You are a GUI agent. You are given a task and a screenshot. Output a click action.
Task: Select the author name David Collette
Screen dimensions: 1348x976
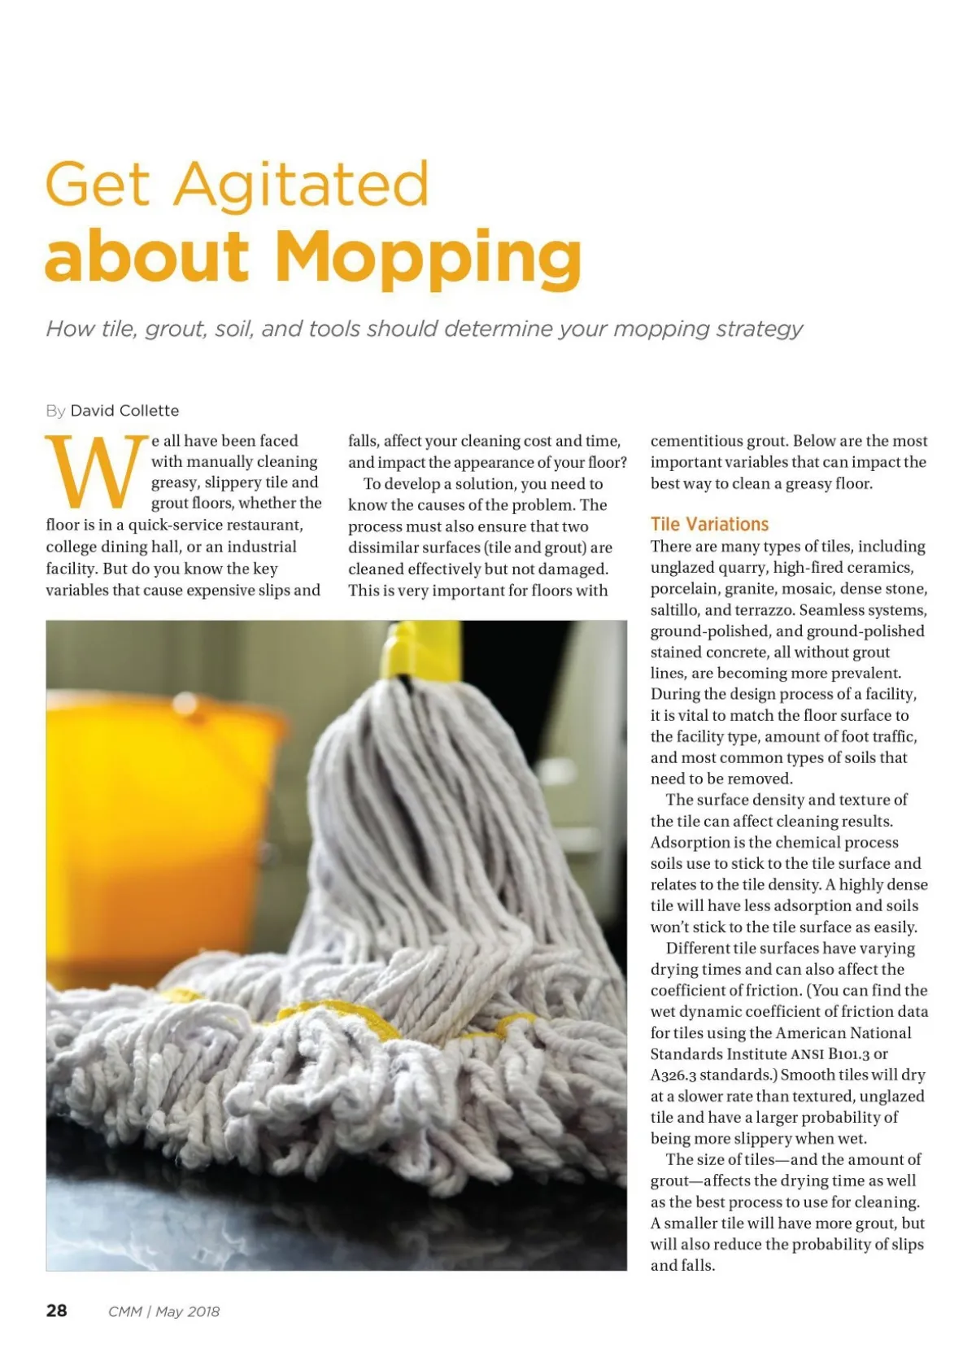tap(124, 411)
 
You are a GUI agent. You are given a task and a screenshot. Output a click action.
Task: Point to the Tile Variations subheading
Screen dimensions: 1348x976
tap(709, 525)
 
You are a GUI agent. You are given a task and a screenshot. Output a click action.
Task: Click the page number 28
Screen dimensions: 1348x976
tap(57, 1311)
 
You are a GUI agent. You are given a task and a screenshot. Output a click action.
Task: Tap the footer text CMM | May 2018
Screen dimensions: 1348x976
tap(163, 1311)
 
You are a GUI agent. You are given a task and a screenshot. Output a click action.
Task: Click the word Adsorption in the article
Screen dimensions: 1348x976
tap(690, 843)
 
